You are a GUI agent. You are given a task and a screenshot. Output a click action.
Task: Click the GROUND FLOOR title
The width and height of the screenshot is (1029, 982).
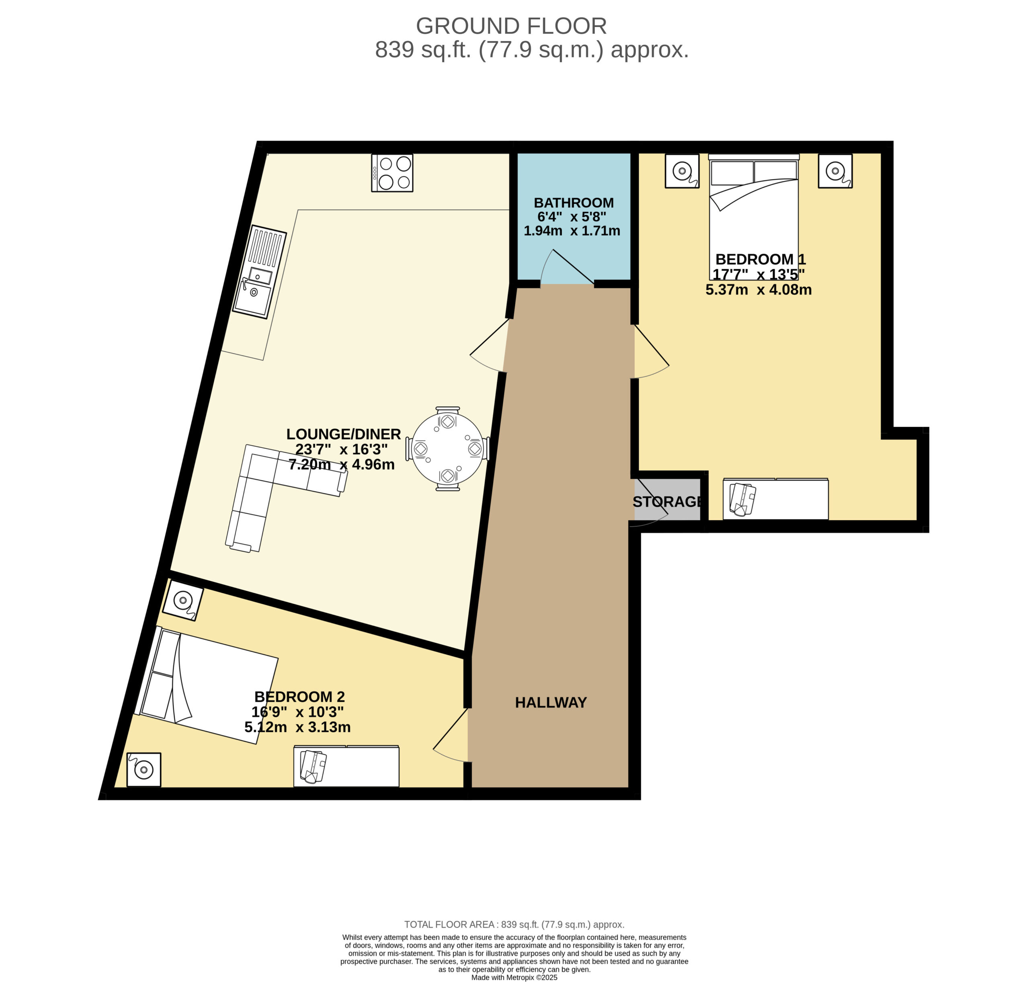pyautogui.click(x=511, y=26)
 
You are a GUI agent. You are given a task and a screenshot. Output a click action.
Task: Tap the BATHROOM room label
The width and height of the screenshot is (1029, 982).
pyautogui.click(x=574, y=203)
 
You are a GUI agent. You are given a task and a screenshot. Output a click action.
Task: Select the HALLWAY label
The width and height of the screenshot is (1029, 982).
pyautogui.click(x=551, y=703)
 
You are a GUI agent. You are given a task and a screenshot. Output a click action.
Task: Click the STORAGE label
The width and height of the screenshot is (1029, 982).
pyautogui.click(x=667, y=502)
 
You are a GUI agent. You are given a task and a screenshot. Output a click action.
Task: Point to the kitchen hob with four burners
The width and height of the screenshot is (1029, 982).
pyautogui.click(x=392, y=173)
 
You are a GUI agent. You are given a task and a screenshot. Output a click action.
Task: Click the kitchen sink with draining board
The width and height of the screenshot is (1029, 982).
pyautogui.click(x=260, y=272)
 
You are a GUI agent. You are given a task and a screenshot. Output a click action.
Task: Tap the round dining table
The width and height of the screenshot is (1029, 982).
pyautogui.click(x=447, y=449)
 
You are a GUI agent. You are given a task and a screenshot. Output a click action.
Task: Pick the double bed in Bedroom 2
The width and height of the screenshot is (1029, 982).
pyautogui.click(x=206, y=685)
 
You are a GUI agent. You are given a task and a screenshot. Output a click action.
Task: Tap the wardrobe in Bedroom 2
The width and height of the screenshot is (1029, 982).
pyautogui.click(x=346, y=766)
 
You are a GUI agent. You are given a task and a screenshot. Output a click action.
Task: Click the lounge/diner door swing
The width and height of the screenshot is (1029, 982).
pyautogui.click(x=489, y=345)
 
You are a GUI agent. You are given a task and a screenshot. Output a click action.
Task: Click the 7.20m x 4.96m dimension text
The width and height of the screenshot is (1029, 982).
pyautogui.click(x=341, y=464)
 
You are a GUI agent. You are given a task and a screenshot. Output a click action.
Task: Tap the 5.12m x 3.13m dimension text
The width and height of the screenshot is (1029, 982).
pyautogui.click(x=297, y=727)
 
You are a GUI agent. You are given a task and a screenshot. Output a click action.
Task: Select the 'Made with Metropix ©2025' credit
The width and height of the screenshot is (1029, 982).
pyautogui.click(x=514, y=977)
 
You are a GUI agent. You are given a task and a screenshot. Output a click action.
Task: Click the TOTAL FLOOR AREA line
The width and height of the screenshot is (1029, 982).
pyautogui.click(x=514, y=925)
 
